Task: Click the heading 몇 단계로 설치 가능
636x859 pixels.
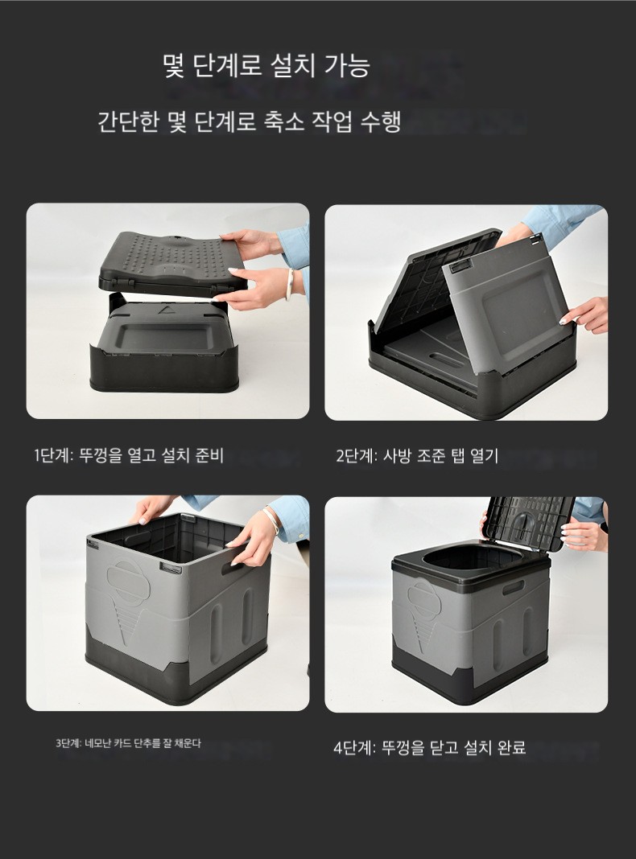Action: tap(266, 65)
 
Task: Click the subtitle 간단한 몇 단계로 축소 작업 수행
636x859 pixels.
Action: tap(250, 121)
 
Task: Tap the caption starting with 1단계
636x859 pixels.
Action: tap(129, 455)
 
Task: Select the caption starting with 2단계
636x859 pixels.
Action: tap(417, 455)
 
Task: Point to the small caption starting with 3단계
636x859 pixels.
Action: tap(128, 743)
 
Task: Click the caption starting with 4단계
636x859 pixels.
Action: tap(430, 747)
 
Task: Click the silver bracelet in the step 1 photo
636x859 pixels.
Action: tap(290, 284)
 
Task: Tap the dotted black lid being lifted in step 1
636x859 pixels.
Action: tap(172, 264)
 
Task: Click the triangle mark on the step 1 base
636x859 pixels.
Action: tap(165, 310)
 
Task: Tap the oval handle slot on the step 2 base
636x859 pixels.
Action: tap(446, 360)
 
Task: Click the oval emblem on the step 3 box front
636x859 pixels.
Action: tap(128, 581)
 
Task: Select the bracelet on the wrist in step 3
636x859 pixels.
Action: tap(272, 519)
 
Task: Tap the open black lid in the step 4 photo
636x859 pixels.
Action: tap(528, 523)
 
